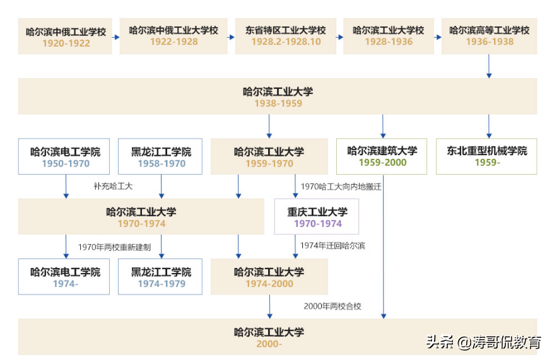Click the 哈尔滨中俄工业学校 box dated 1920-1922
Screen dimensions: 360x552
point(66,37)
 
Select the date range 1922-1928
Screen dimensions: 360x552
point(173,42)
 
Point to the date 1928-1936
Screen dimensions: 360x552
point(389,42)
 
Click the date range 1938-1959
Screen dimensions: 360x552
point(278,103)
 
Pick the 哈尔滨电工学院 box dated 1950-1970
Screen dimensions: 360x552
point(66,156)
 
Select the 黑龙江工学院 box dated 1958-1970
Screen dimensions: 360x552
point(161,156)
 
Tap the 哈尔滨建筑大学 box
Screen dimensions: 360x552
point(382,156)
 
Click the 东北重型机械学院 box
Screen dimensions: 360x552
point(486,156)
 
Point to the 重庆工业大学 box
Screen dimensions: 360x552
point(317,216)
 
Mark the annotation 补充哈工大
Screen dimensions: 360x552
point(114,187)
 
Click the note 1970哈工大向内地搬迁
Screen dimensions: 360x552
point(341,187)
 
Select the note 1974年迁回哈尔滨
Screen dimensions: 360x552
point(332,246)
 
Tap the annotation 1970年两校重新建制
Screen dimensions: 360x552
point(114,247)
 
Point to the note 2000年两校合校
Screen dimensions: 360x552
point(332,306)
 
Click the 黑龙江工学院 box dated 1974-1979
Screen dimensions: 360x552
point(161,277)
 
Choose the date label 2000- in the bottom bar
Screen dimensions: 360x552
point(269,344)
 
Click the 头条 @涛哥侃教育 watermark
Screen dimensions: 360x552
point(483,342)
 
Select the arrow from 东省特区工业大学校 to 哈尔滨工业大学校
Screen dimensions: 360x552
point(339,37)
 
